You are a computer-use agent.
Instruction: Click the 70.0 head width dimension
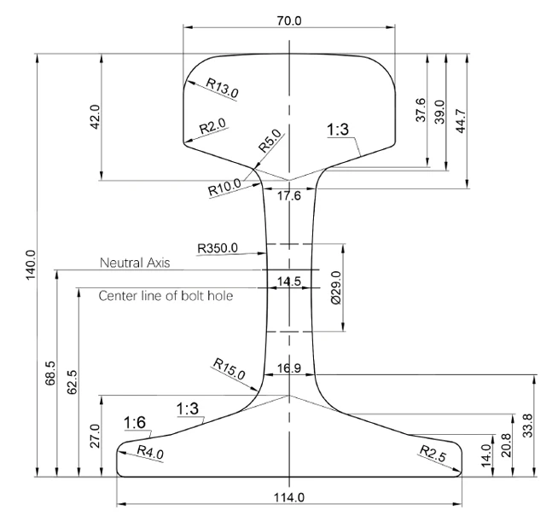click(289, 20)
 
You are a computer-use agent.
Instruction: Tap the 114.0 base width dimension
click(289, 497)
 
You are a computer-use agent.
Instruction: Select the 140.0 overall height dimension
click(31, 265)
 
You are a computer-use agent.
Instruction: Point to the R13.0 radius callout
click(222, 88)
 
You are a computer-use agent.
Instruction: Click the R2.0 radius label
click(212, 125)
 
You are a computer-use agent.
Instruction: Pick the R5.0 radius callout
click(270, 141)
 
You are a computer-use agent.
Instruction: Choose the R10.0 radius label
click(225, 187)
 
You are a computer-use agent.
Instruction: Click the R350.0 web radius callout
click(218, 248)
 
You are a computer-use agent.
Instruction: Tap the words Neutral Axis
click(135, 263)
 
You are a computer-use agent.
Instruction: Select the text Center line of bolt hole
click(166, 296)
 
